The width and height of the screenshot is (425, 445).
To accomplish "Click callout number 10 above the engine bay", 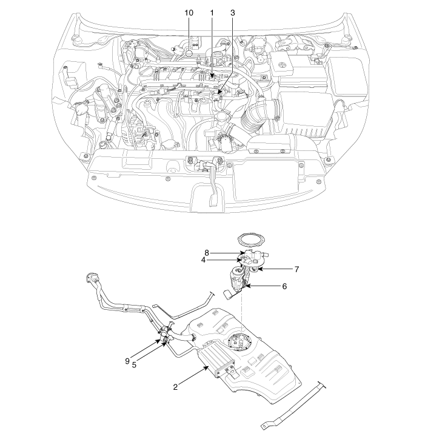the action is pyautogui.click(x=189, y=13).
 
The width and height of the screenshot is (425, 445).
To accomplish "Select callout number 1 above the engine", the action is pyautogui.click(x=212, y=13).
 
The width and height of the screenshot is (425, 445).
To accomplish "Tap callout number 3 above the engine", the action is pyautogui.click(x=233, y=13).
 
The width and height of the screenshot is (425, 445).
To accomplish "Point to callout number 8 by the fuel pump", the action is pyautogui.click(x=207, y=252).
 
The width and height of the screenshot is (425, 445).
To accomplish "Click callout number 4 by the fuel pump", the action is pyautogui.click(x=204, y=259).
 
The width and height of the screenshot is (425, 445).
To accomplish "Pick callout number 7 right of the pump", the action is pyautogui.click(x=296, y=269).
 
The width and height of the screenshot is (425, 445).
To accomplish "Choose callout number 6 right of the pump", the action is pyautogui.click(x=284, y=286).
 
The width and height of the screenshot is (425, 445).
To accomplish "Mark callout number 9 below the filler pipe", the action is pyautogui.click(x=127, y=361).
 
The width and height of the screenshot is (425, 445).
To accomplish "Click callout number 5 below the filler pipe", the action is pyautogui.click(x=134, y=365).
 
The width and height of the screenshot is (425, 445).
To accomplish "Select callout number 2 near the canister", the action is pyautogui.click(x=175, y=387).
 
